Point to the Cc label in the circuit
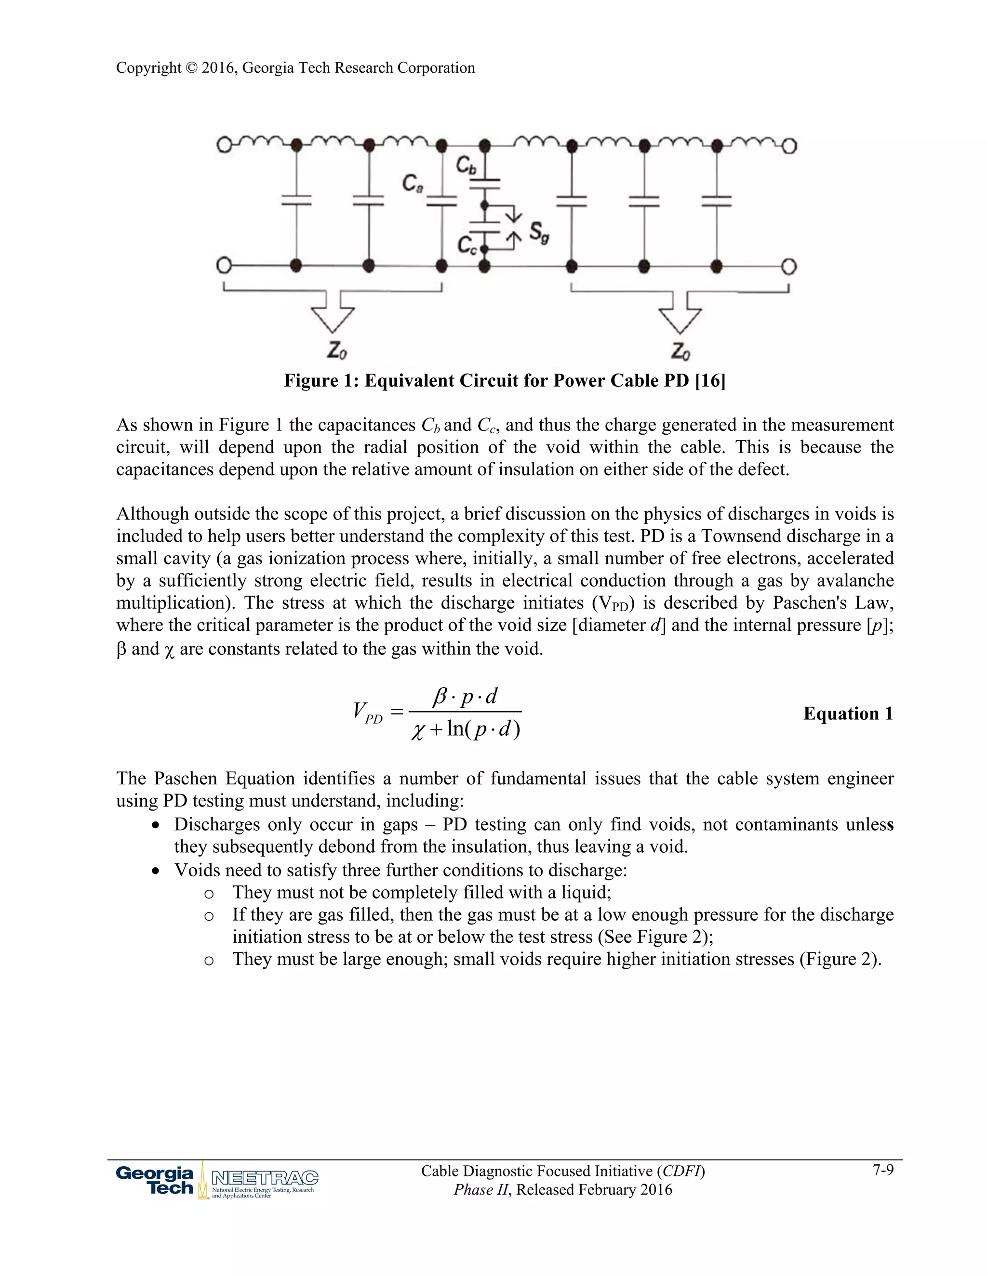coord(467,244)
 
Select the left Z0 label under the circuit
coord(337,351)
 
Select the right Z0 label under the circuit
coord(680,351)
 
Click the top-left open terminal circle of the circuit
coord(223,145)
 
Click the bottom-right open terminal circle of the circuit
coord(789,267)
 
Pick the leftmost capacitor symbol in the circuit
coord(296,200)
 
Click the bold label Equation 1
coord(848,714)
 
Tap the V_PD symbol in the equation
coord(367,713)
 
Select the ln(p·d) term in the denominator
coord(483,729)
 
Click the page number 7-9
coord(883,1170)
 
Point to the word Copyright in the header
coord(148,68)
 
